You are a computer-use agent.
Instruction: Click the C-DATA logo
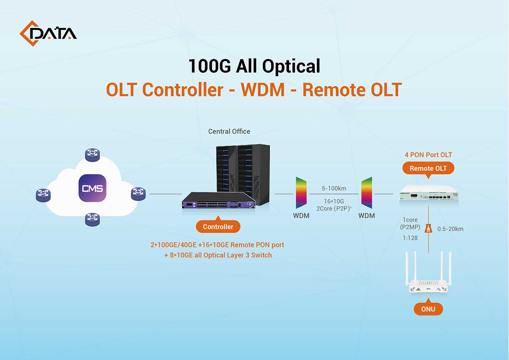tap(48, 33)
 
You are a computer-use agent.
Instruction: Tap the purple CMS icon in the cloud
tap(92, 188)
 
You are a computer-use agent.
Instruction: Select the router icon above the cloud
tap(92, 155)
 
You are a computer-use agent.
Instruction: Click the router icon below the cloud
tap(92, 219)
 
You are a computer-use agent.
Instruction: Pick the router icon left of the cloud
tap(43, 195)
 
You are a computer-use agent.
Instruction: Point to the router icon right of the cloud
tap(138, 193)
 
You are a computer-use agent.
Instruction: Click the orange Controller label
tap(218, 227)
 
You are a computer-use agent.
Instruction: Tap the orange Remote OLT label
tap(429, 168)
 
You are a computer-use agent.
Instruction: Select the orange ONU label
tap(428, 309)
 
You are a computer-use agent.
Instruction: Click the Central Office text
tap(229, 131)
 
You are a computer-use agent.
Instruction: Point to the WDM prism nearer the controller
tap(301, 193)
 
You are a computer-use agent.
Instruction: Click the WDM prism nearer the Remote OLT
tap(367, 193)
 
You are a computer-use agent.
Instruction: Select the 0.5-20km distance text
tap(450, 229)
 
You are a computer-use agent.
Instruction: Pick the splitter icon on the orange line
tap(429, 228)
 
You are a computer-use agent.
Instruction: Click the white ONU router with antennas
tap(428, 275)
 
